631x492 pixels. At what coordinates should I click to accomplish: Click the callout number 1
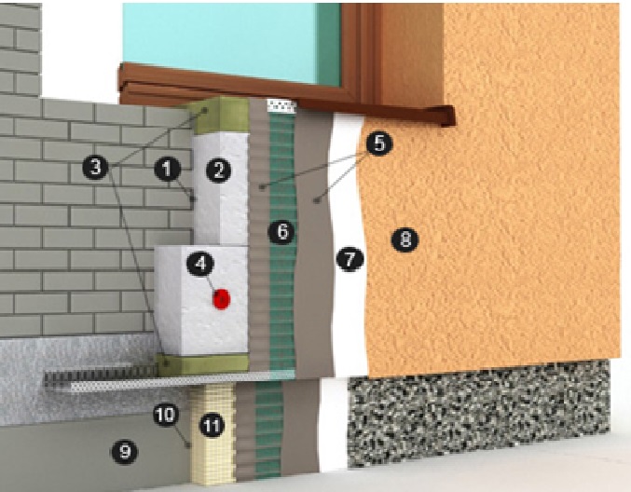pyautogui.click(x=168, y=169)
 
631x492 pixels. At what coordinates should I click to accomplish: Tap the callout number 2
pyautogui.click(x=218, y=171)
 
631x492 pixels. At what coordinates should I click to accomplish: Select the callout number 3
pyautogui.click(x=95, y=166)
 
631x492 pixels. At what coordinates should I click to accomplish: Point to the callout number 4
pyautogui.click(x=200, y=264)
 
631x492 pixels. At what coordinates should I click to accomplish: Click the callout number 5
pyautogui.click(x=379, y=143)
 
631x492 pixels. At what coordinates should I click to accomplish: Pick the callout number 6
pyautogui.click(x=281, y=231)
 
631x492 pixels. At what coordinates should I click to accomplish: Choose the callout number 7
pyautogui.click(x=350, y=259)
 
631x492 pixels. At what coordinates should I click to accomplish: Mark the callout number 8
pyautogui.click(x=405, y=239)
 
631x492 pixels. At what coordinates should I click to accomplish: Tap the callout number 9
pyautogui.click(x=124, y=451)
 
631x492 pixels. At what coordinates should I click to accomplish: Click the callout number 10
pyautogui.click(x=165, y=415)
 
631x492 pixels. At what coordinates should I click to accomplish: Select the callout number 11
pyautogui.click(x=213, y=425)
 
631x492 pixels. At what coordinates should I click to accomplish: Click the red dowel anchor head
pyautogui.click(x=221, y=299)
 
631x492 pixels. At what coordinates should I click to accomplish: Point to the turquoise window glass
pyautogui.click(x=231, y=40)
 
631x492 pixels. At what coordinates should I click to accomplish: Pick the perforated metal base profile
pyautogui.click(x=169, y=380)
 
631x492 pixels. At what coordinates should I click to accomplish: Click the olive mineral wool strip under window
pyautogui.click(x=219, y=116)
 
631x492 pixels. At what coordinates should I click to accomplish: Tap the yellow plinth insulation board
pyautogui.click(x=213, y=434)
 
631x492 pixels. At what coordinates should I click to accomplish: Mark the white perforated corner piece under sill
pyautogui.click(x=282, y=106)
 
